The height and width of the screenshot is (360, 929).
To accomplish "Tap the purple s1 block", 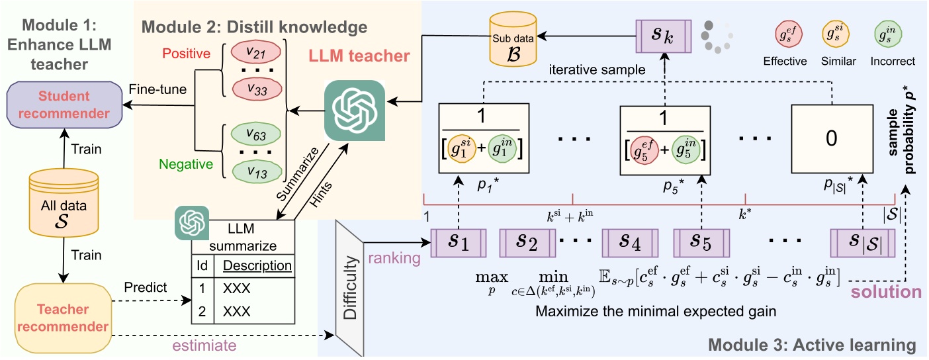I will (x=459, y=243).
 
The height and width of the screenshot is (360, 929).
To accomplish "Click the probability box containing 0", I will (x=832, y=138).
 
